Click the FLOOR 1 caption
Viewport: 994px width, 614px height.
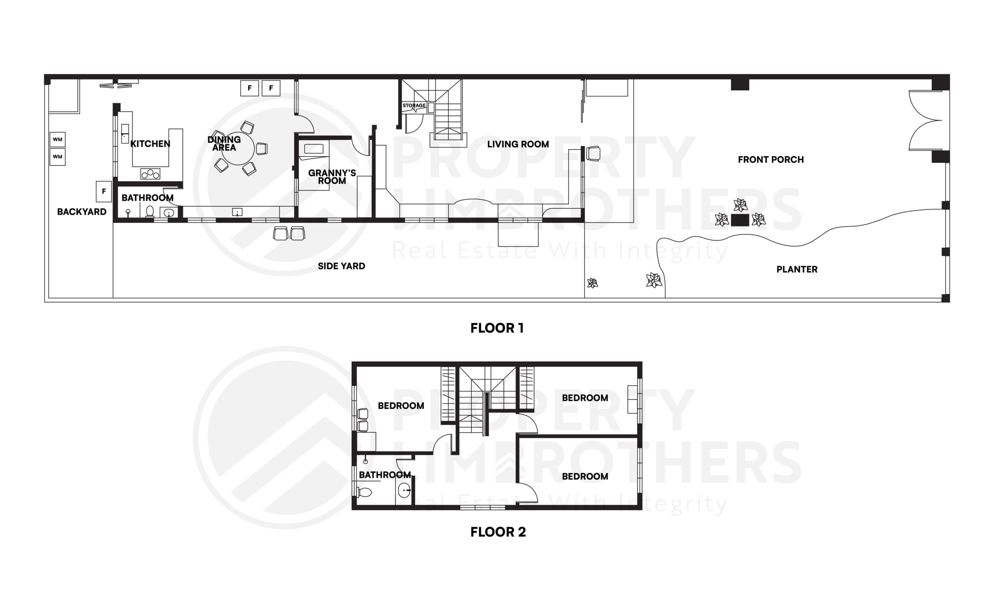(x=497, y=328)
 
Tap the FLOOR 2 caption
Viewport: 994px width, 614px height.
(x=498, y=532)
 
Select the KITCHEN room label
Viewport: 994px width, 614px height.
(x=150, y=144)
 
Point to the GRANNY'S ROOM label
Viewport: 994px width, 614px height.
(x=332, y=176)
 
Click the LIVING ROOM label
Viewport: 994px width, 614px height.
(x=518, y=144)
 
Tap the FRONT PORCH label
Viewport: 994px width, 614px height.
(x=771, y=159)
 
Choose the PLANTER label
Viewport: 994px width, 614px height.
(x=797, y=269)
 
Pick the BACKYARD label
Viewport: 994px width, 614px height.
(x=82, y=211)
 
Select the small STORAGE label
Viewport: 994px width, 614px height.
(x=414, y=106)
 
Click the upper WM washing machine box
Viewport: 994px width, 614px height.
(x=57, y=139)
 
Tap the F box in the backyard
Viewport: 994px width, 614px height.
(x=104, y=191)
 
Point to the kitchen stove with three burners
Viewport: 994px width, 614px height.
(x=150, y=174)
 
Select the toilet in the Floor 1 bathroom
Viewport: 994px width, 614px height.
(x=149, y=211)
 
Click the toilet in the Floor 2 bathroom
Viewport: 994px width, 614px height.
(x=365, y=493)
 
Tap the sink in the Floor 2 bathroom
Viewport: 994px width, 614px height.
(x=404, y=490)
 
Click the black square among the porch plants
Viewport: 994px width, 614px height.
(x=740, y=220)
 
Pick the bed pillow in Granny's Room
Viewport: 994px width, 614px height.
(x=314, y=149)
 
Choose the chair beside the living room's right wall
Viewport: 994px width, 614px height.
(x=594, y=154)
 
